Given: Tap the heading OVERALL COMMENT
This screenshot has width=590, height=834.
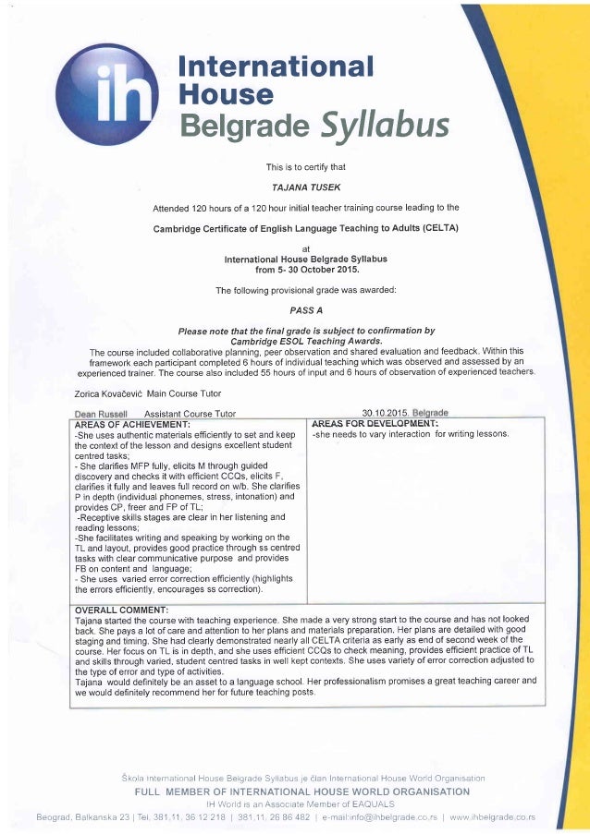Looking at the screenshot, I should click(120, 609).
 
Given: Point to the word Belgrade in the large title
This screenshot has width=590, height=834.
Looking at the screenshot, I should click(239, 122).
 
